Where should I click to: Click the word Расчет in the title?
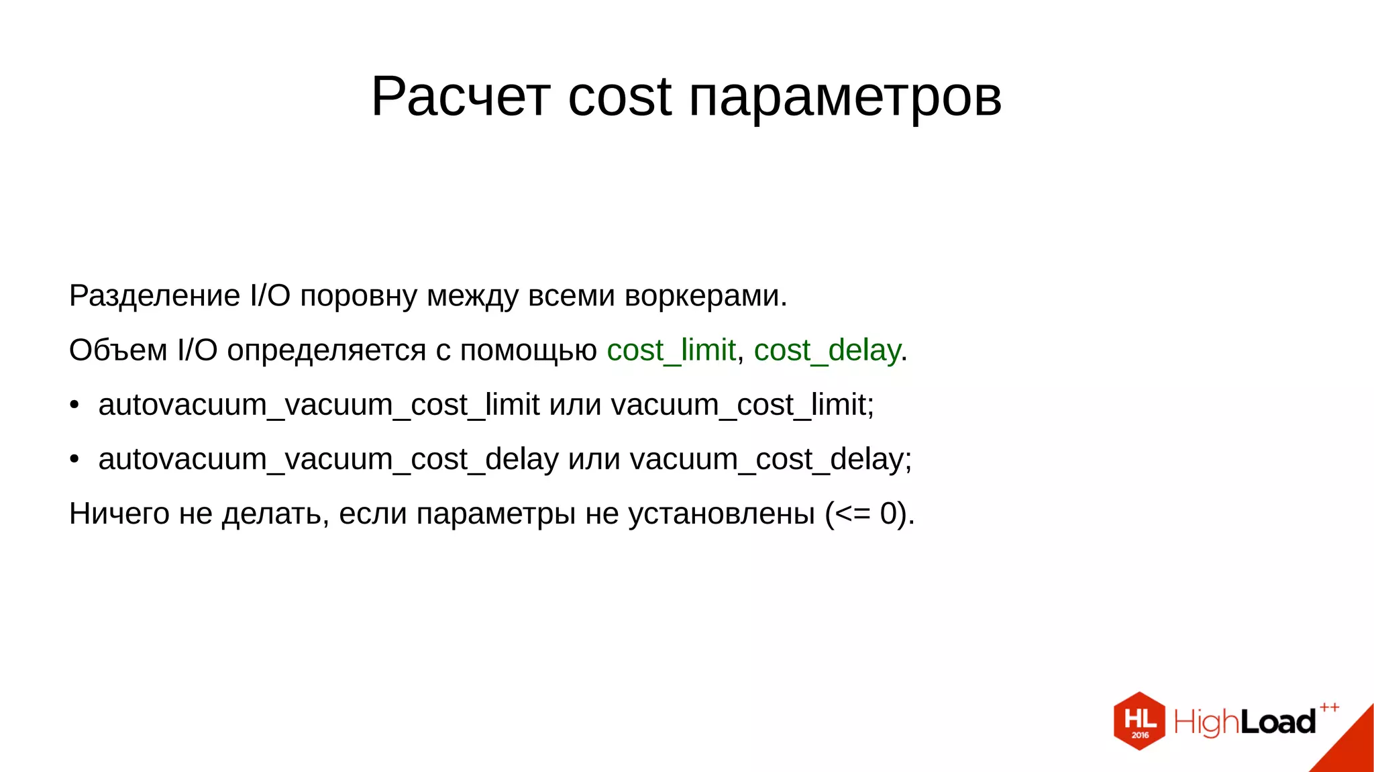point(460,97)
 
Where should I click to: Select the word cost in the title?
point(619,97)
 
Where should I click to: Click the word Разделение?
point(154,296)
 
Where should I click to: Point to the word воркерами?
point(705,296)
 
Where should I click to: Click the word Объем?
point(118,350)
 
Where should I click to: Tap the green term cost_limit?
point(671,350)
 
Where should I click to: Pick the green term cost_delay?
point(827,350)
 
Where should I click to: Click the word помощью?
point(528,350)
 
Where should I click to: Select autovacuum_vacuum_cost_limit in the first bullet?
point(319,405)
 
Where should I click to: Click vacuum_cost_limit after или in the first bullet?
point(742,405)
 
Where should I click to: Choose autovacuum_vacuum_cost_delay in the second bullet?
point(328,460)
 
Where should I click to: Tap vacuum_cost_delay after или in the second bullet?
point(770,460)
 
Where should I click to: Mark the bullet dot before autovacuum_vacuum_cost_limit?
point(74,405)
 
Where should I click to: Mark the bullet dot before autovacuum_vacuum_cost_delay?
point(74,460)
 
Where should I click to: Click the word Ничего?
point(119,514)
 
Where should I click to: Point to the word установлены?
point(721,514)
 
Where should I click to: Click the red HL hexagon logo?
point(1139,721)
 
